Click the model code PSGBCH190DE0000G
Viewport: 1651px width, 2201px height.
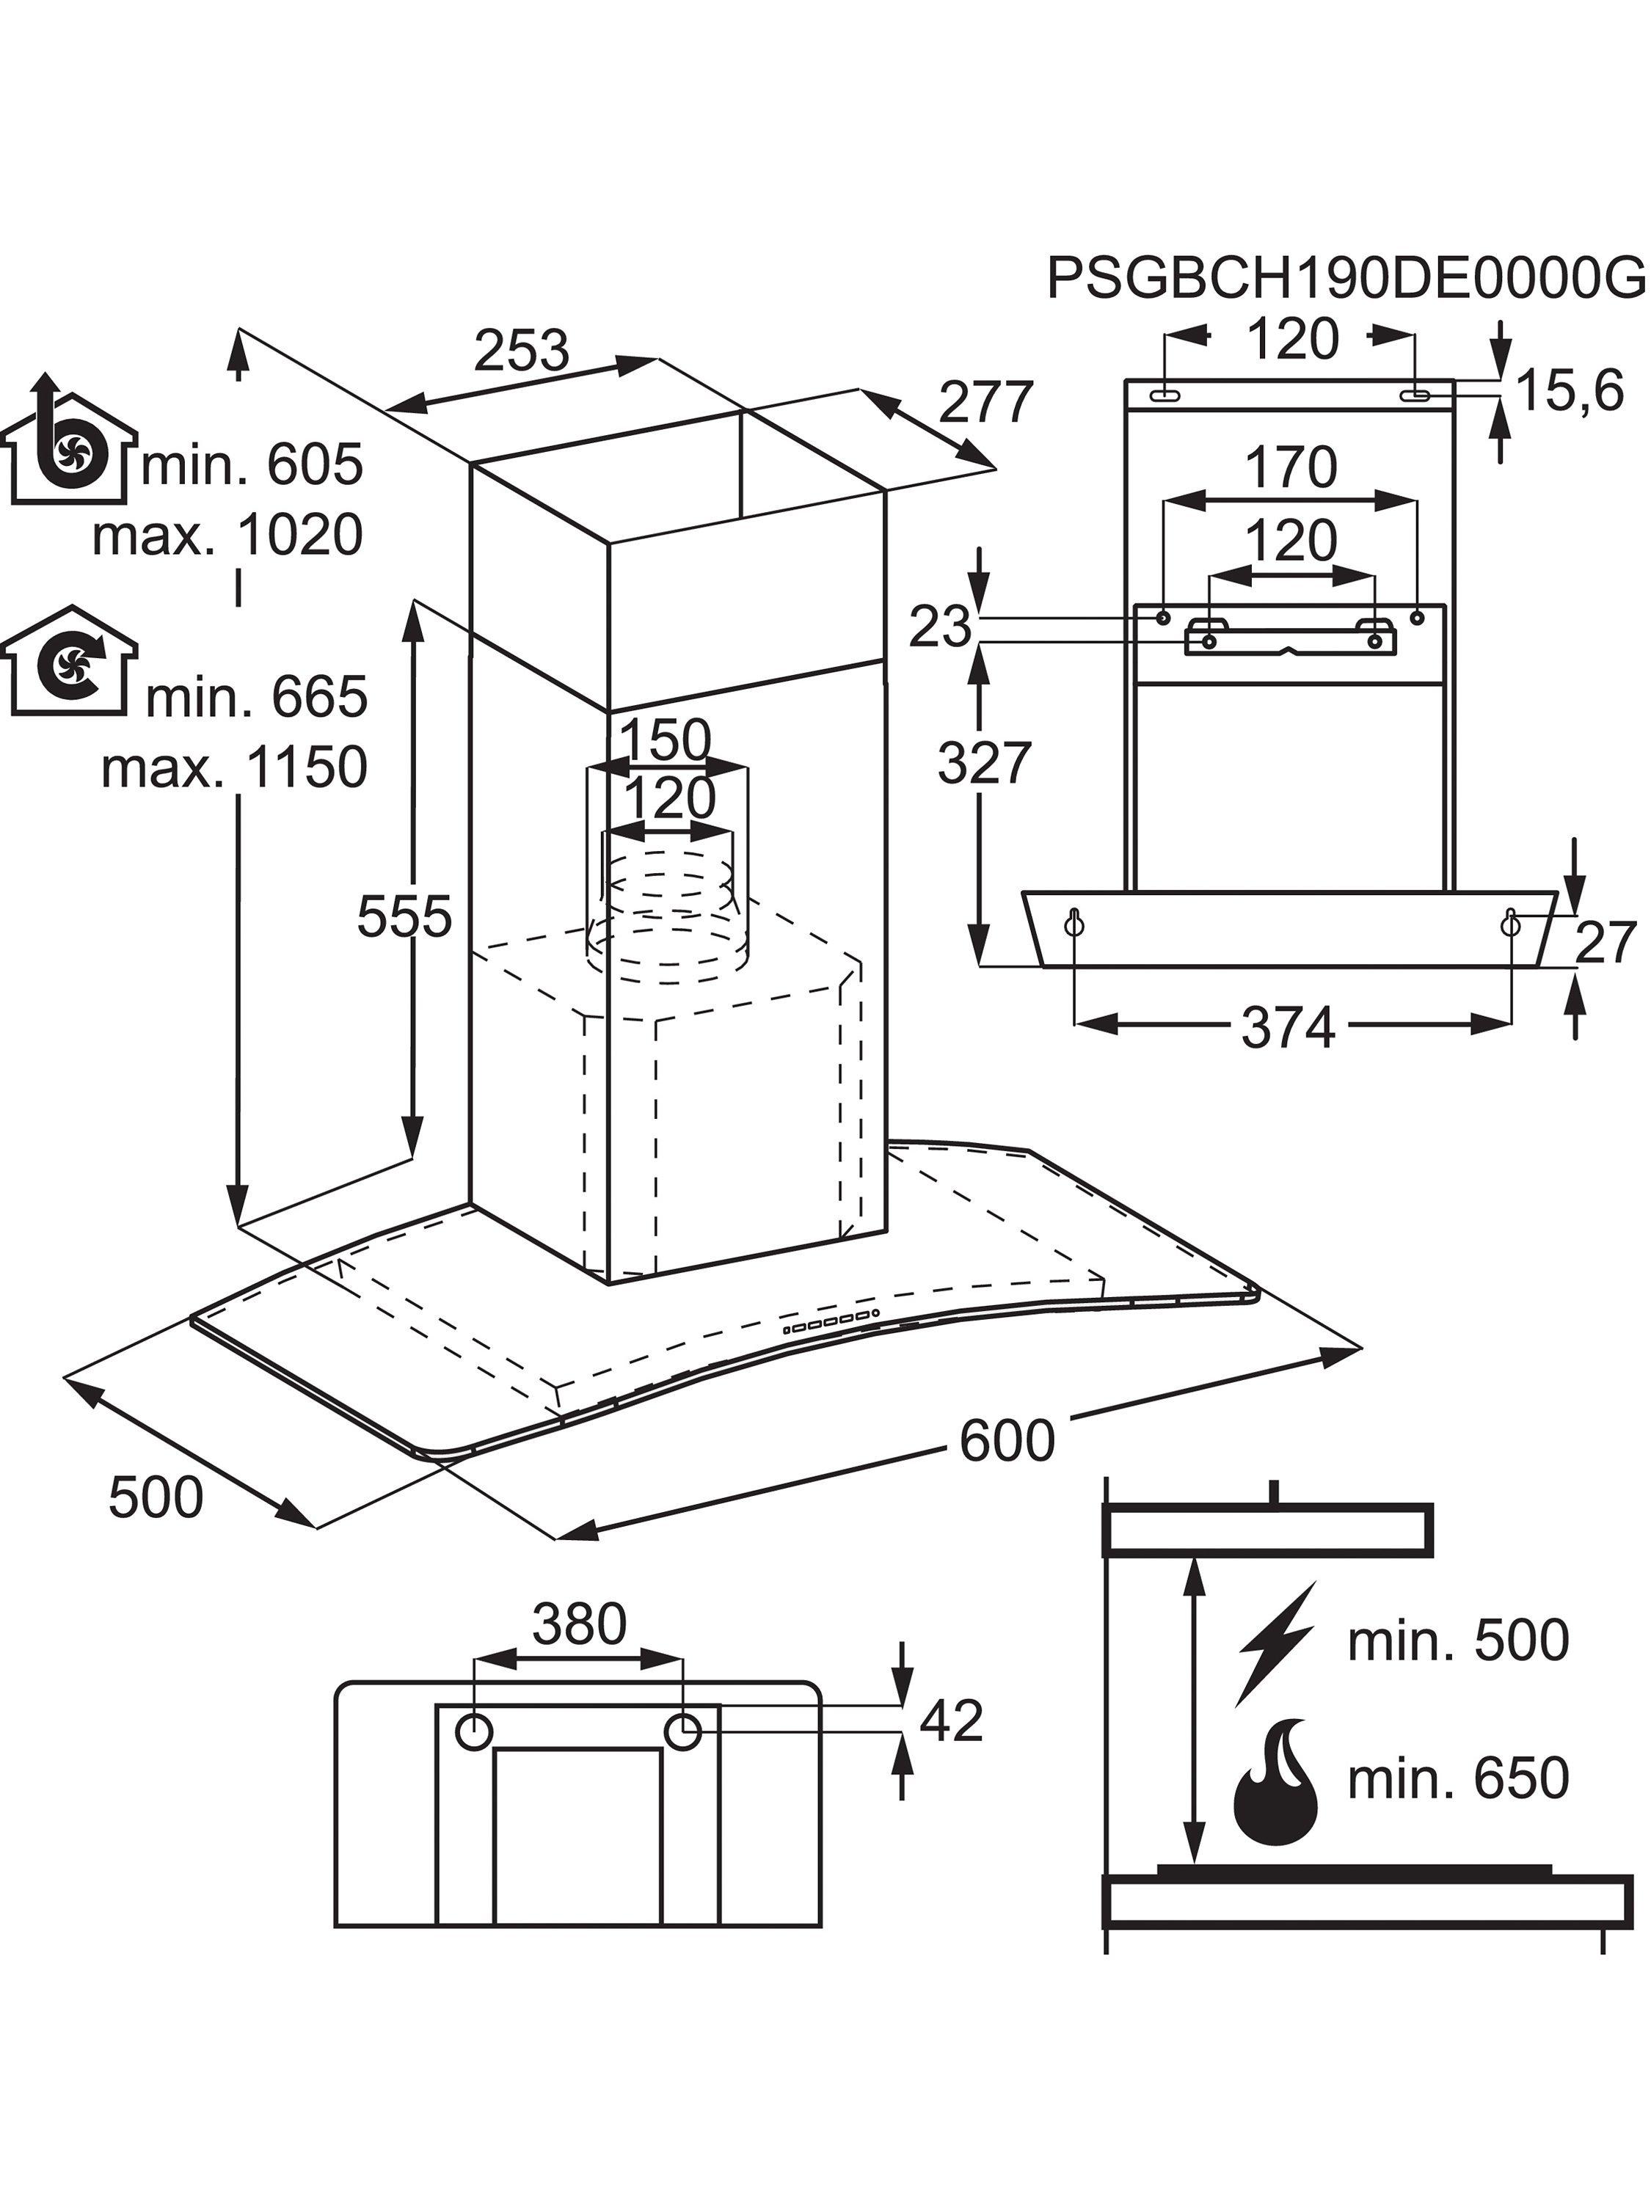1346,277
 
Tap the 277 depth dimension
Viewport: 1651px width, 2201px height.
986,403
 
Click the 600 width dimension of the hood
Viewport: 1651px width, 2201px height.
1006,1439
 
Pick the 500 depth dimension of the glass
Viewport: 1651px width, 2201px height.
156,1497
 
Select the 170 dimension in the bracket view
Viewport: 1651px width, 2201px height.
1291,467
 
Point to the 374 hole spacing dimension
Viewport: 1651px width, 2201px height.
1288,1028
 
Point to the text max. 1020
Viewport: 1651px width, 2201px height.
227,536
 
